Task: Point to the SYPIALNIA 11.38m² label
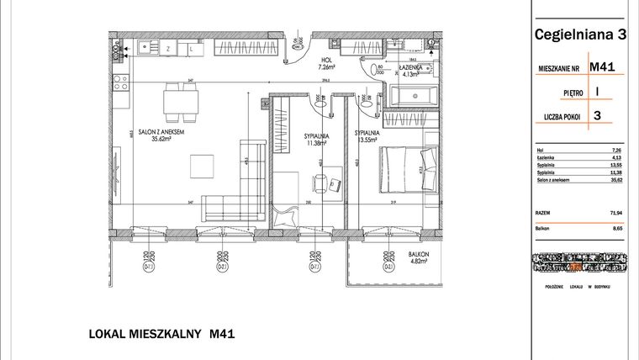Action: coord(317,138)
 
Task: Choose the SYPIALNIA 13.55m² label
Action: coord(367,137)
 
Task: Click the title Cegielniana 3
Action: coord(580,34)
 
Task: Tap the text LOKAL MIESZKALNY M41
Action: coord(161,334)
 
